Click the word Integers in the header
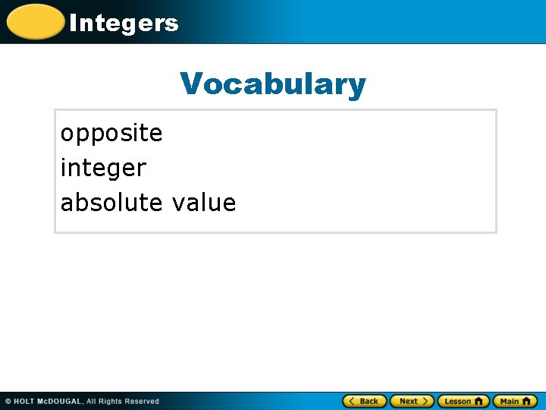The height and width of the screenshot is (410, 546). tap(124, 23)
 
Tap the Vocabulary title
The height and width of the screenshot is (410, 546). tap(273, 84)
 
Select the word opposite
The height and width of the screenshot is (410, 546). tap(111, 134)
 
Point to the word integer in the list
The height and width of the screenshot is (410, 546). tap(103, 168)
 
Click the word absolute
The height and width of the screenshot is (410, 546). tap(111, 203)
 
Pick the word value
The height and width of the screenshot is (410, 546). tap(204, 203)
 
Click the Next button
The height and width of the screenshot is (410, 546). tap(413, 401)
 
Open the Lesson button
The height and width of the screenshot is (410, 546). tap(463, 401)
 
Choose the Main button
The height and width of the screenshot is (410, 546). tap(515, 401)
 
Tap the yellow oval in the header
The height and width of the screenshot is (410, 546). tap(34, 22)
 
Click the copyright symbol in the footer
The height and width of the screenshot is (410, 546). tap(8, 402)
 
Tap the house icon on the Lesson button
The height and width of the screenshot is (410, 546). tap(479, 401)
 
